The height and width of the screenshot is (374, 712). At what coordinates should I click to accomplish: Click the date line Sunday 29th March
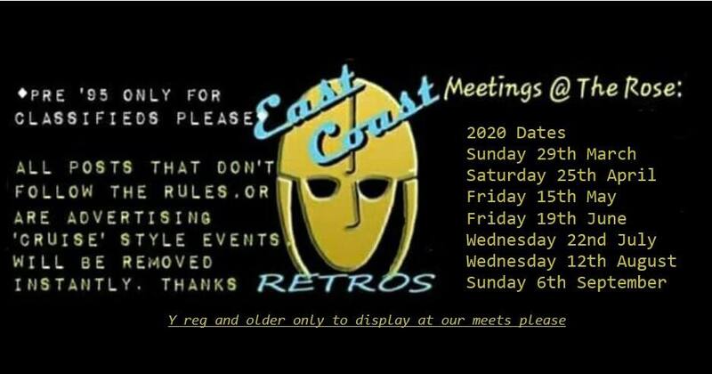point(551,154)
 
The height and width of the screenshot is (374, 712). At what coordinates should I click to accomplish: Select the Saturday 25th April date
point(562,175)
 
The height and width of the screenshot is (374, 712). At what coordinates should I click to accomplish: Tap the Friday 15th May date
point(541,197)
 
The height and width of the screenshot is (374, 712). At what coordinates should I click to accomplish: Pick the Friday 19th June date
point(546,218)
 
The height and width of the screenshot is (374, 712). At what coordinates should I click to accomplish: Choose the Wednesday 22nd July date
point(562,240)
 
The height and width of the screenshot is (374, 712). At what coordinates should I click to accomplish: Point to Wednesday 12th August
point(571,261)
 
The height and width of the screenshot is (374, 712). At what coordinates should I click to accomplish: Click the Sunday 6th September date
point(566,282)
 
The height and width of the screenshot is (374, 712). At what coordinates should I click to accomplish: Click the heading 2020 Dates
point(516,133)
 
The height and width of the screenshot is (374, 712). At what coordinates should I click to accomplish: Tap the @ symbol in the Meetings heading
point(560,90)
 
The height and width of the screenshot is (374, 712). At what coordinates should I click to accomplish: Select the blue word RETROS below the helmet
point(346,282)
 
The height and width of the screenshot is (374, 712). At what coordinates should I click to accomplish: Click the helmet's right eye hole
point(374,187)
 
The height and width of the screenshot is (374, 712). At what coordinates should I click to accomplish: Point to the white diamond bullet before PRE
point(22,93)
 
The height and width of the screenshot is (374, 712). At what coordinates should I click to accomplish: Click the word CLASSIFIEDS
point(86,118)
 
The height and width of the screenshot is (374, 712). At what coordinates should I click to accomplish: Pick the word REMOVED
point(167,262)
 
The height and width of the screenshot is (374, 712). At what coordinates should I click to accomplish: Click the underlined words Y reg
point(188,321)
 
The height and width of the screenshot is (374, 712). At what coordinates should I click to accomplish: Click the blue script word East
point(305,103)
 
